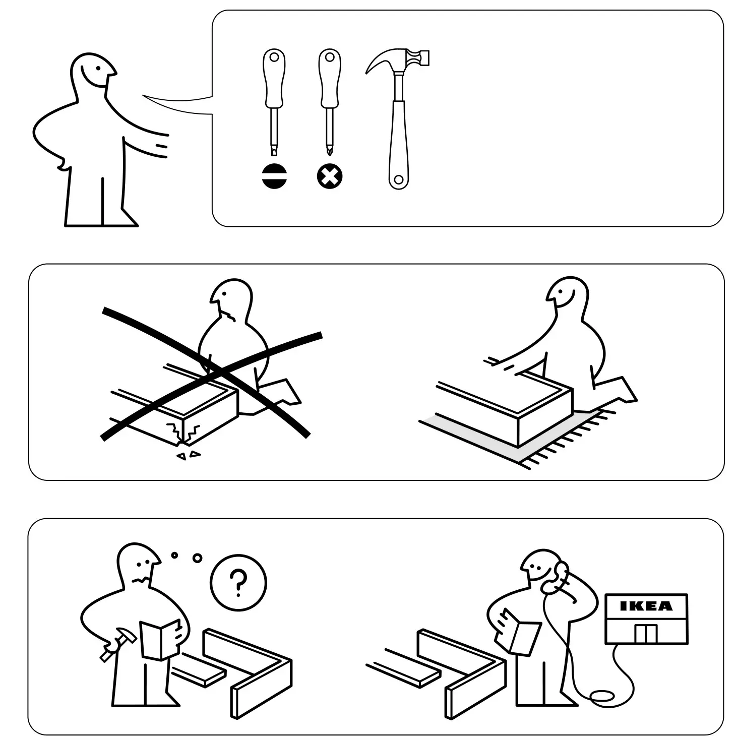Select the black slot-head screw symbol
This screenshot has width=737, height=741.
tap(274, 176)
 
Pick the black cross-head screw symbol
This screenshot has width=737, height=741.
tap(330, 176)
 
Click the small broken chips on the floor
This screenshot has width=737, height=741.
tap(188, 455)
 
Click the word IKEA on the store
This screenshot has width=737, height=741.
tap(646, 606)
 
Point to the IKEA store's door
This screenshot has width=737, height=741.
tap(646, 634)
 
